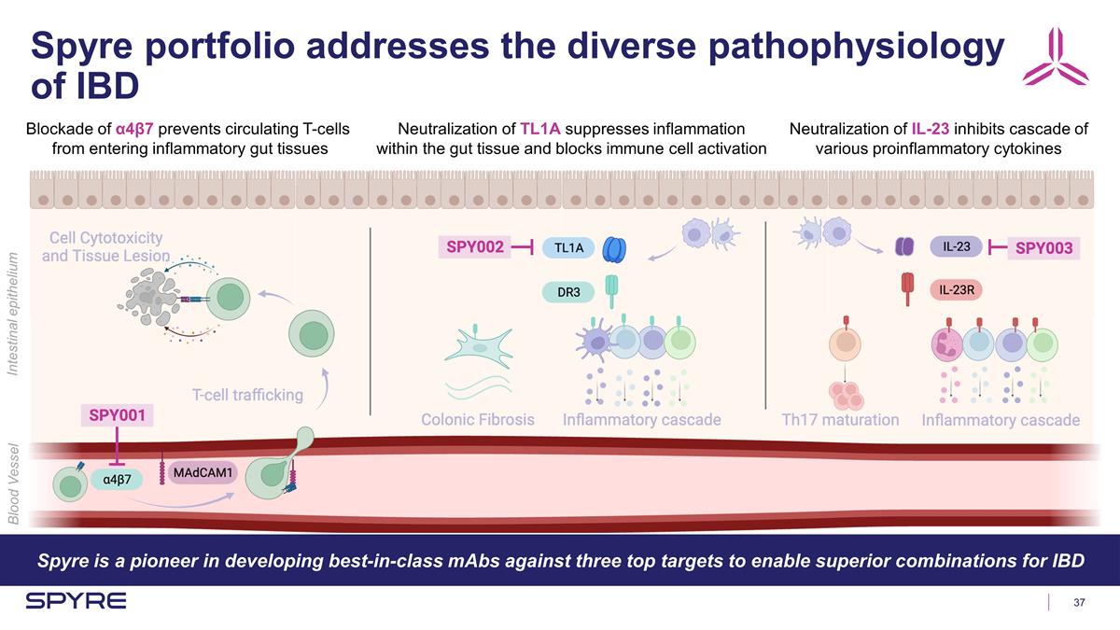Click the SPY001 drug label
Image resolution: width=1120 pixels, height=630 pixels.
click(x=116, y=414)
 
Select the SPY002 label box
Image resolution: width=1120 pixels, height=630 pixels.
click(x=475, y=247)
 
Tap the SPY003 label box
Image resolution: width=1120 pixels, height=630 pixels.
click(x=1043, y=248)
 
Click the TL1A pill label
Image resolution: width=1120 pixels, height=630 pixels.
click(x=568, y=248)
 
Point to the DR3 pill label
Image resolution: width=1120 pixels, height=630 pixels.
click(x=568, y=293)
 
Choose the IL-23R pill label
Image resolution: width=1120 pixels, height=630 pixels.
click(x=957, y=289)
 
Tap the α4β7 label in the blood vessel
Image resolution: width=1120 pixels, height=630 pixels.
click(x=118, y=479)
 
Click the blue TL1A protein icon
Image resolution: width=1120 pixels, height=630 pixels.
click(x=615, y=248)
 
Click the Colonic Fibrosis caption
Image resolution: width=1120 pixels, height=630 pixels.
click(x=478, y=420)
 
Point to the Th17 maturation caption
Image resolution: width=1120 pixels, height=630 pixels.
click(x=840, y=420)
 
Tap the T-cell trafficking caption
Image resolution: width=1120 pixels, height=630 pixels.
click(x=247, y=395)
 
